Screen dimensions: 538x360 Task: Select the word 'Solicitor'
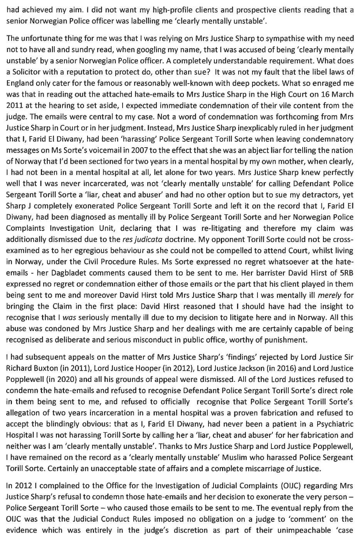[x=25, y=73]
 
